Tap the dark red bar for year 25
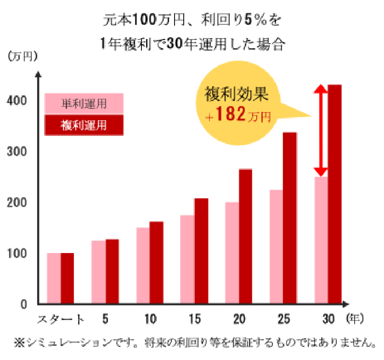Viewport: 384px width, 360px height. pyautogui.click(x=289, y=218)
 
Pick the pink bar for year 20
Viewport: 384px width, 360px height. pyautogui.click(x=232, y=253)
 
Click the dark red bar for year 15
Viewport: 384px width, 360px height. pyautogui.click(x=201, y=251)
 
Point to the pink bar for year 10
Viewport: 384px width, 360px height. pyautogui.click(x=143, y=265)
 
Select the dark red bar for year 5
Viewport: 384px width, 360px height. pyautogui.click(x=112, y=271)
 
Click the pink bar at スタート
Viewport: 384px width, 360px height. pyautogui.click(x=54, y=278)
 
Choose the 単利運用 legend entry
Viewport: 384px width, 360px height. pyautogui.click(x=84, y=103)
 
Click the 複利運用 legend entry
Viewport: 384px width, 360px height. pyautogui.click(x=84, y=125)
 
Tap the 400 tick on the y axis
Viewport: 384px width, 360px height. pyautogui.click(x=17, y=101)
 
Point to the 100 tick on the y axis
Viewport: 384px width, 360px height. pyautogui.click(x=17, y=253)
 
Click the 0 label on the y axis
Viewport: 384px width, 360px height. pyautogui.click(x=23, y=304)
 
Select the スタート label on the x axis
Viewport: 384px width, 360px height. pyautogui.click(x=61, y=319)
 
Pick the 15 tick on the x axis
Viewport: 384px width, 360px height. pyautogui.click(x=194, y=319)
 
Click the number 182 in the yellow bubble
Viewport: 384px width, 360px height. pyautogui.click(x=231, y=115)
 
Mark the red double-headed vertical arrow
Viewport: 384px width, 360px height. pyautogui.click(x=321, y=130)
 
